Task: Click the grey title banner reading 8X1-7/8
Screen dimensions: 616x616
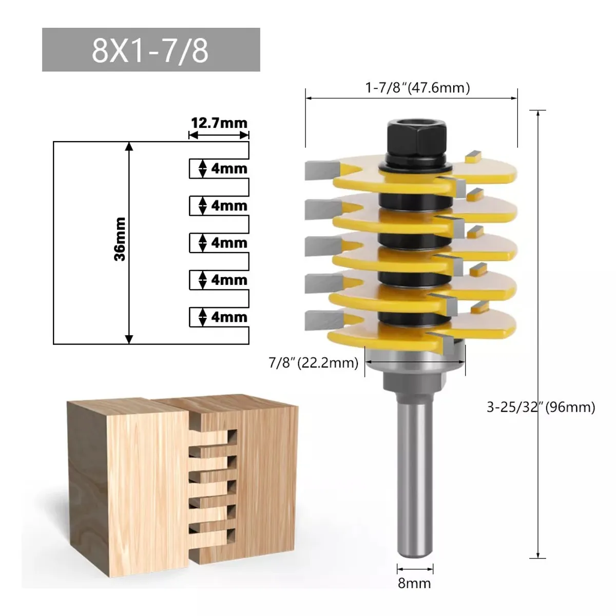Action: (151, 50)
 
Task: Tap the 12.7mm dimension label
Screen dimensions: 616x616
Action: (219, 123)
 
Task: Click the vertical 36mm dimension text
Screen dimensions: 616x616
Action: (120, 239)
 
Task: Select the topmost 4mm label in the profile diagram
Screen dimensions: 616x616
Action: (228, 168)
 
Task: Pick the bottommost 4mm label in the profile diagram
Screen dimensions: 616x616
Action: (228, 317)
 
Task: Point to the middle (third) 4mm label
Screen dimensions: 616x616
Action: (228, 243)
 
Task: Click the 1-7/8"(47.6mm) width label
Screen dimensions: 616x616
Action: (417, 88)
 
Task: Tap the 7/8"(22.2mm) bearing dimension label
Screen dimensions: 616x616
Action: (313, 363)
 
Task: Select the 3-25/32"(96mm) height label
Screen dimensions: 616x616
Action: (541, 407)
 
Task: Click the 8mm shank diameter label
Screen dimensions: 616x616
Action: (415, 583)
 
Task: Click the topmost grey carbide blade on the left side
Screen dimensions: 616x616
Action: (320, 169)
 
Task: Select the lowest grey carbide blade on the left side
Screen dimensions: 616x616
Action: (319, 320)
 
